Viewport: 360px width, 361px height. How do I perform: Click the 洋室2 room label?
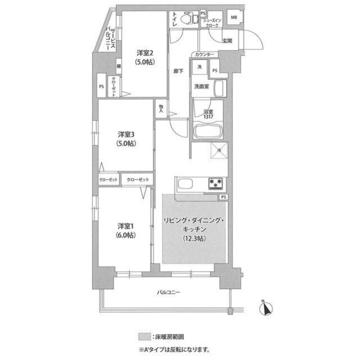pos(141,54)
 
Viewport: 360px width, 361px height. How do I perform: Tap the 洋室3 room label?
pos(125,135)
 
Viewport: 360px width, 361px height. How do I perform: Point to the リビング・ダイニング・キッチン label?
pos(194,220)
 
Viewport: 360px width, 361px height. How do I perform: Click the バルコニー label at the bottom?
pos(168,293)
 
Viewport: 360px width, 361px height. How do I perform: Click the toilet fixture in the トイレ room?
pos(193,20)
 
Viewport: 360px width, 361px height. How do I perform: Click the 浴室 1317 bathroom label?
pos(208,113)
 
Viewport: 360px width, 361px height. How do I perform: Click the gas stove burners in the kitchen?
pos(215,183)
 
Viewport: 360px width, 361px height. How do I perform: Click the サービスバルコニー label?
pos(112,39)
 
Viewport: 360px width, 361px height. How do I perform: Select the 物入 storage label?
pos(161,108)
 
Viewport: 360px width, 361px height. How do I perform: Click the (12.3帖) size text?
pos(194,238)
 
